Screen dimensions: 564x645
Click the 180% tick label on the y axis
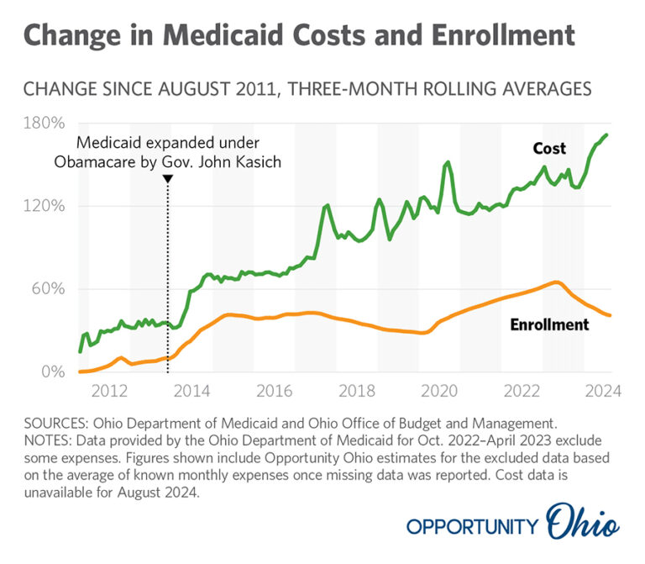click(43, 124)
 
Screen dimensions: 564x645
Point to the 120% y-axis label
click(43, 206)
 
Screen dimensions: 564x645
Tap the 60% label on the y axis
click(47, 288)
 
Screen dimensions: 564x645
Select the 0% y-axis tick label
click(51, 371)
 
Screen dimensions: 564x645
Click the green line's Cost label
click(549, 149)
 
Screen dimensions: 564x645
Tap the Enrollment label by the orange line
click(549, 324)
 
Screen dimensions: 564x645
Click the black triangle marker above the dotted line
click(168, 179)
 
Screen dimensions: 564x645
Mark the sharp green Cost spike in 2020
click(448, 162)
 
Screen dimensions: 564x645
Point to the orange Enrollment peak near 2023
click(555, 282)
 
